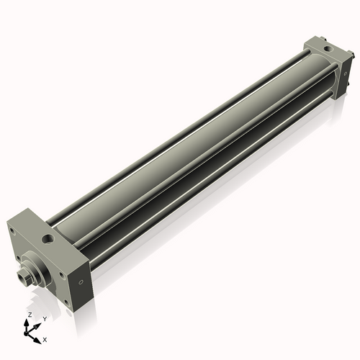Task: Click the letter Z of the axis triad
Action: coord(28,315)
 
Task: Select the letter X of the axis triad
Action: coord(45,338)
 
